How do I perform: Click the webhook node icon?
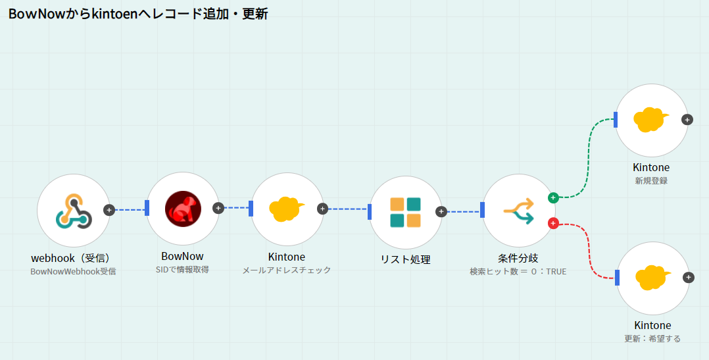(x=73, y=210)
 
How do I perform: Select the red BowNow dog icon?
(x=182, y=209)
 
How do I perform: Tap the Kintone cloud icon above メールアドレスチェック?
(x=287, y=209)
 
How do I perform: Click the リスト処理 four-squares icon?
(x=405, y=212)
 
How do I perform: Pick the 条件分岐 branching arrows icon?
(x=519, y=211)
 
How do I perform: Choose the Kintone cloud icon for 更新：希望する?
(x=652, y=278)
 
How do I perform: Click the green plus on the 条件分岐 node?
(x=553, y=197)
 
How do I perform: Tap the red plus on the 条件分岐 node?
(x=553, y=224)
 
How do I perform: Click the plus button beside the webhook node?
(x=109, y=210)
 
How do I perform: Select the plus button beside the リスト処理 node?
(x=441, y=212)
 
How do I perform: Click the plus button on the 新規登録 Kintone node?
(x=687, y=120)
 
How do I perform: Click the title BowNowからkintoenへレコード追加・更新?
(x=138, y=14)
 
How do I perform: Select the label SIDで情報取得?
(x=182, y=269)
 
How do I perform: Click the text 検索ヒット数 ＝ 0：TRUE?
(x=518, y=271)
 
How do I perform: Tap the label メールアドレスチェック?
(x=287, y=270)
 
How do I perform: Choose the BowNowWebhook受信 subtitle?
(x=73, y=271)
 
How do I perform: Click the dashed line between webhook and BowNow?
(x=130, y=210)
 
